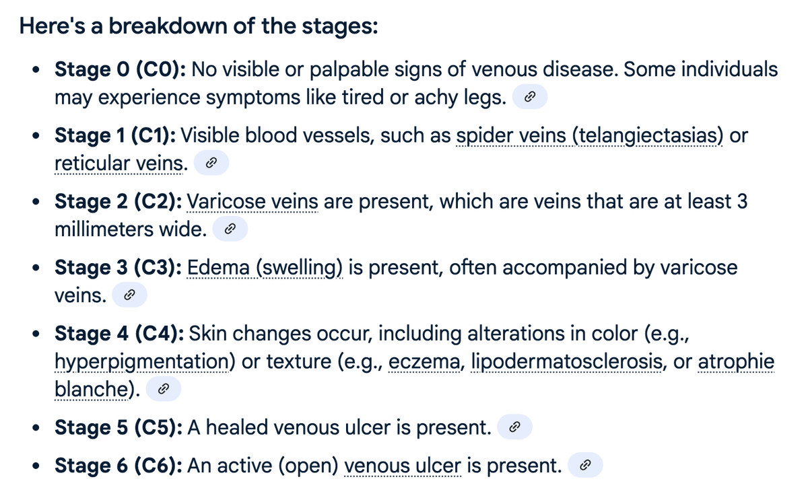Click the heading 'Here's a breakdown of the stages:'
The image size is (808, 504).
pos(199,26)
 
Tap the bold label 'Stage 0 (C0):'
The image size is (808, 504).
pos(120,69)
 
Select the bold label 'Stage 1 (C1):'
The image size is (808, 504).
pos(115,135)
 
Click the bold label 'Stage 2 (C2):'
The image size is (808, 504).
pos(119,201)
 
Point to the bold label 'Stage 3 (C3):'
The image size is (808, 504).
pos(119,268)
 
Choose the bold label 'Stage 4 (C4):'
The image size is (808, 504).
pos(119,334)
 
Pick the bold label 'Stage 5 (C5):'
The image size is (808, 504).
pos(119,427)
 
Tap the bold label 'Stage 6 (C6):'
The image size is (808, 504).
pos(119,466)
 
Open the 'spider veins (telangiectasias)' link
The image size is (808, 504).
pos(589,137)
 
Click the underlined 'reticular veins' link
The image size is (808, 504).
pos(119,164)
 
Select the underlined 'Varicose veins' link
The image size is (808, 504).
pos(252,201)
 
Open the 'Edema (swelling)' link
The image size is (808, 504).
pos(265,268)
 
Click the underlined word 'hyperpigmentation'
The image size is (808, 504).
pos(142,362)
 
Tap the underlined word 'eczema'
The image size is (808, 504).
pos(424,361)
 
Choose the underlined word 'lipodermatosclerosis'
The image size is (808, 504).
pos(566,361)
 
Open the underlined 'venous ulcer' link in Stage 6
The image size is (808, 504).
pos(403,466)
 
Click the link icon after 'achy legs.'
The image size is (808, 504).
pos(530,97)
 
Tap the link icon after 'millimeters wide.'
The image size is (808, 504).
pos(230,229)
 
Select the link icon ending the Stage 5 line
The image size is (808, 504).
pos(514,427)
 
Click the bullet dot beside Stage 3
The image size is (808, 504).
pos(36,268)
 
